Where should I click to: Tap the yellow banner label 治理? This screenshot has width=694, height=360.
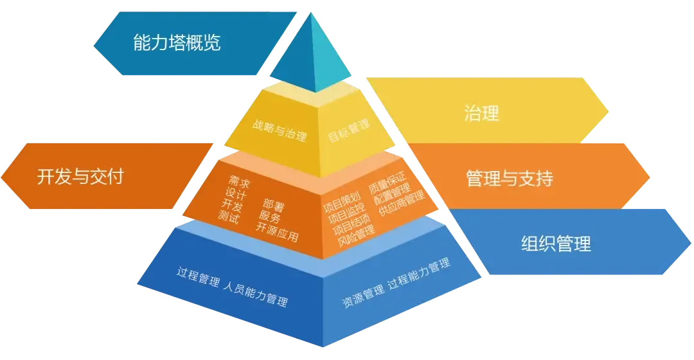481,114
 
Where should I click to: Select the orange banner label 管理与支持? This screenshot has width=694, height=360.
509,178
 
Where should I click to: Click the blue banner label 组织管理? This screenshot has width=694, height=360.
555,244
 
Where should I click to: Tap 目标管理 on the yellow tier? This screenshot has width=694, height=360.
350,130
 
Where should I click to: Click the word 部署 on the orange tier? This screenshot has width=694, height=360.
273,206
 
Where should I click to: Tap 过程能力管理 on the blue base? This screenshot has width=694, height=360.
418,275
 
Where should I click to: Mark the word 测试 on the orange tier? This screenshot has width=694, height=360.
228,217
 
